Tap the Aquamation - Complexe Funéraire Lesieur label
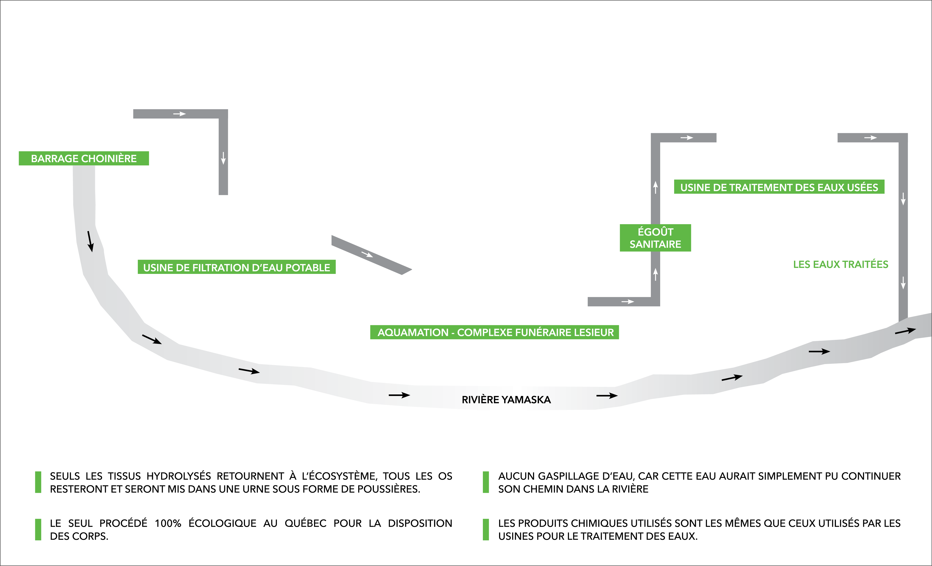494,332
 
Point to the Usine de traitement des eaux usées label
779,187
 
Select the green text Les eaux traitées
841,264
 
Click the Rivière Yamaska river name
506,400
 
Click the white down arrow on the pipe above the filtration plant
223,158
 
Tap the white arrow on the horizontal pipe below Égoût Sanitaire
628,302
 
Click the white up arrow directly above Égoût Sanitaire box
656,187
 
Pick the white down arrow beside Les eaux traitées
903,283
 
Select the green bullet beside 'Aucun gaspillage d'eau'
486,482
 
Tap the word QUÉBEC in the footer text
305,523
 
